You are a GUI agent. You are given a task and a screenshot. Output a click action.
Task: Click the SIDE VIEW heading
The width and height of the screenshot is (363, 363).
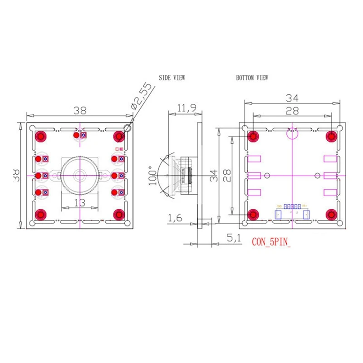coord(172,78)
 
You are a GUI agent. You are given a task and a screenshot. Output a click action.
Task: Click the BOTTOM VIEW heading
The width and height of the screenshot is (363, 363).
coord(252,78)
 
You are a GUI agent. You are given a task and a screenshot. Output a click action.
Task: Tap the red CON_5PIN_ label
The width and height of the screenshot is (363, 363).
coord(271,242)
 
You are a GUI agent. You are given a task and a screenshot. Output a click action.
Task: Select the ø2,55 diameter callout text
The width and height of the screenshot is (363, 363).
coord(141,96)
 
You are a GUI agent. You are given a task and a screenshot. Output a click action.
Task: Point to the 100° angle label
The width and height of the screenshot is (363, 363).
coord(152,175)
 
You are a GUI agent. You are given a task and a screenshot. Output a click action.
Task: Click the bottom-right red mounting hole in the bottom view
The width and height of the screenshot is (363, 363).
coord(331,214)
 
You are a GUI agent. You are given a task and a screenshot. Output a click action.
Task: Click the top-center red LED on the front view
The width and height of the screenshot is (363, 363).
coord(77,135)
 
